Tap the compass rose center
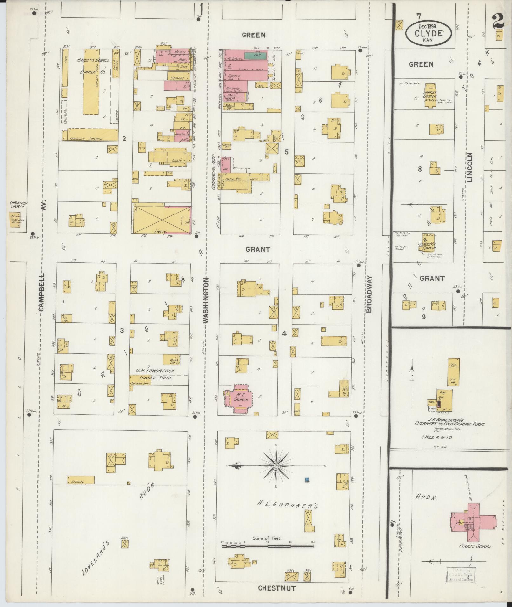click(276, 465)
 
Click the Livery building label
click(161, 232)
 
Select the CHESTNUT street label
click(277, 588)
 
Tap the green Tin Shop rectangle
click(256, 55)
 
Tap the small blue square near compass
click(307, 479)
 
